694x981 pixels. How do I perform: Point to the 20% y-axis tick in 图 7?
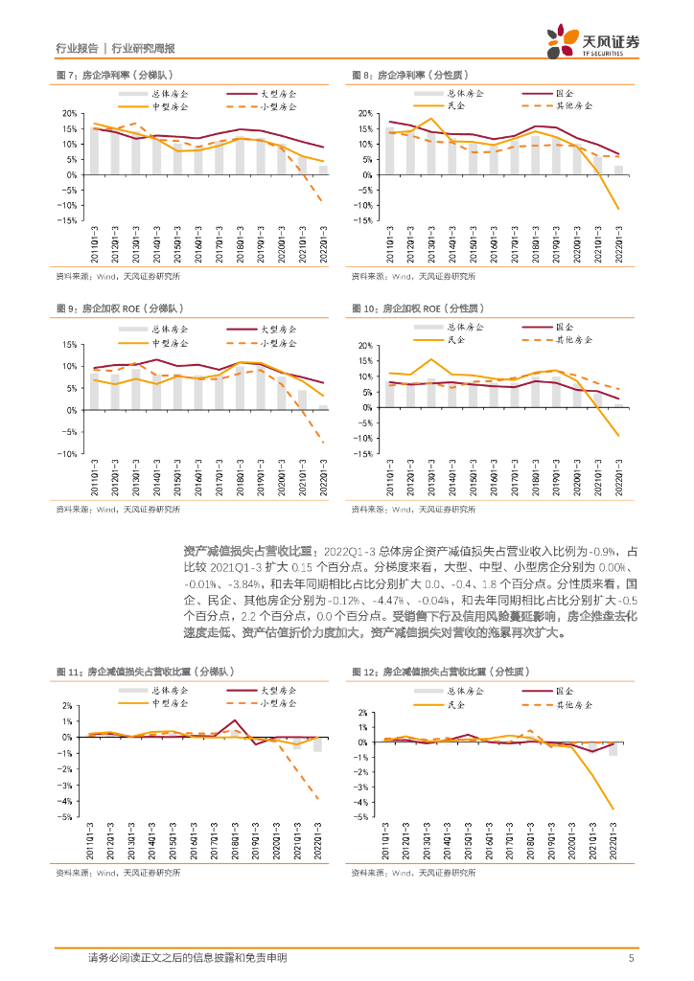click(70, 113)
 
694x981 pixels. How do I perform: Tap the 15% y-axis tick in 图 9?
click(70, 344)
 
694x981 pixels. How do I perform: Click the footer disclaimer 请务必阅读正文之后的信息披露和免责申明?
click(187, 957)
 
